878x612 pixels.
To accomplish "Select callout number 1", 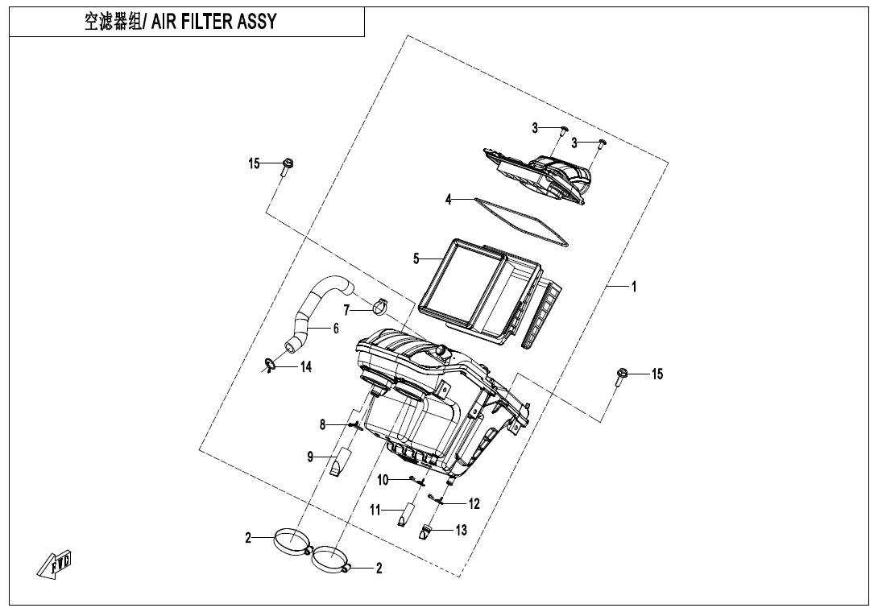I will pyautogui.click(x=634, y=287).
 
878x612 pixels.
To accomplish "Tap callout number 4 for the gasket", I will pyautogui.click(x=449, y=200).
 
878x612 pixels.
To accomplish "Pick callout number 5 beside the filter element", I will pyautogui.click(x=416, y=258).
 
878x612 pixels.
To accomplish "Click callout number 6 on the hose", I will pyautogui.click(x=335, y=329).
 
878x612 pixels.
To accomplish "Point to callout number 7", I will pyautogui.click(x=346, y=310).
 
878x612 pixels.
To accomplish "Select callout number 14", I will pyautogui.click(x=305, y=367).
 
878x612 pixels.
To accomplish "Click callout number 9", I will pyautogui.click(x=309, y=457).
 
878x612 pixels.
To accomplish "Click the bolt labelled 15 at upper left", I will pyautogui.click(x=288, y=166).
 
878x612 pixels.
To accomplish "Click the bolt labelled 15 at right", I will pyautogui.click(x=622, y=376).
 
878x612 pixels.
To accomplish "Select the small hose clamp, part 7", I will pyautogui.click(x=382, y=307).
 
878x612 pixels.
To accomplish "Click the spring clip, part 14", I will pyautogui.click(x=270, y=366).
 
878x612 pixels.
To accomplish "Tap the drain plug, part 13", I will pyautogui.click(x=428, y=532).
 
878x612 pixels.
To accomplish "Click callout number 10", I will pyautogui.click(x=383, y=480).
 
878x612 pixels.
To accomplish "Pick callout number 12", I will pyautogui.click(x=474, y=504).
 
